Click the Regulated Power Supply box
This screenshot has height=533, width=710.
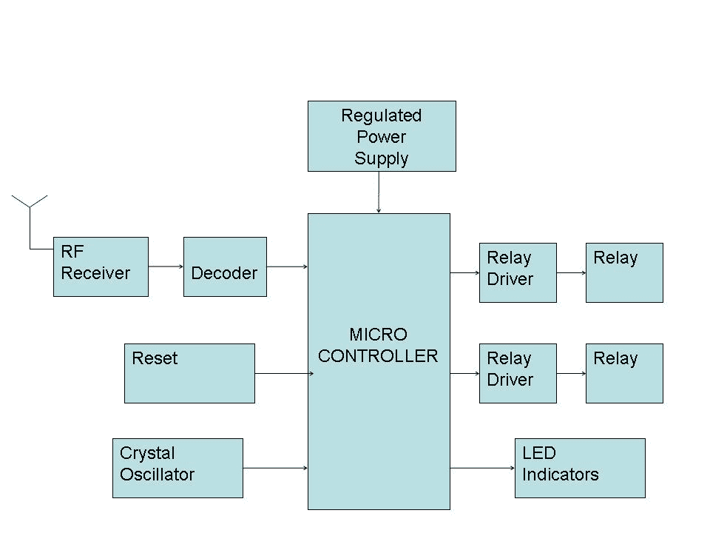coord(382,136)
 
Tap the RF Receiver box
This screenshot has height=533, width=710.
coord(101,266)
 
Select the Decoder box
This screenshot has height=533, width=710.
coord(225,266)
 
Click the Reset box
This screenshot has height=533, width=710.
coord(189,373)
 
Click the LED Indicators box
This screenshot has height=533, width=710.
coord(580,468)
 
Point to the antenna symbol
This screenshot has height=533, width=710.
coord(30,207)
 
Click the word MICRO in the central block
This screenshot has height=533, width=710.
coord(378,335)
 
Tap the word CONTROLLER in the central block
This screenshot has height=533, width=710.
coord(378,356)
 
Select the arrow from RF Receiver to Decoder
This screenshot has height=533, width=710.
coord(166,266)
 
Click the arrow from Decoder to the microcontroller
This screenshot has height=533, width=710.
coord(287,266)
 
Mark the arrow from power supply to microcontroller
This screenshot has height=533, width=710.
coord(379,192)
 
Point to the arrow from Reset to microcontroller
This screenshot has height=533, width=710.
coord(281,373)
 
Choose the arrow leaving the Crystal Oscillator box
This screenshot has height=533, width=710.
coord(275,468)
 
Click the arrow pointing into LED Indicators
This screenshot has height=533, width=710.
coord(482,468)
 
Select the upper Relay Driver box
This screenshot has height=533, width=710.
coord(518,272)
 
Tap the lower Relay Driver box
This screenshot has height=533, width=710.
coord(518,373)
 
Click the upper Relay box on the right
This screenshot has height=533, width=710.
coord(624,272)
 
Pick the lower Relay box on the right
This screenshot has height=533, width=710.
coord(624,373)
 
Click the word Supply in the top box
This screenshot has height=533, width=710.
coord(382,158)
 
